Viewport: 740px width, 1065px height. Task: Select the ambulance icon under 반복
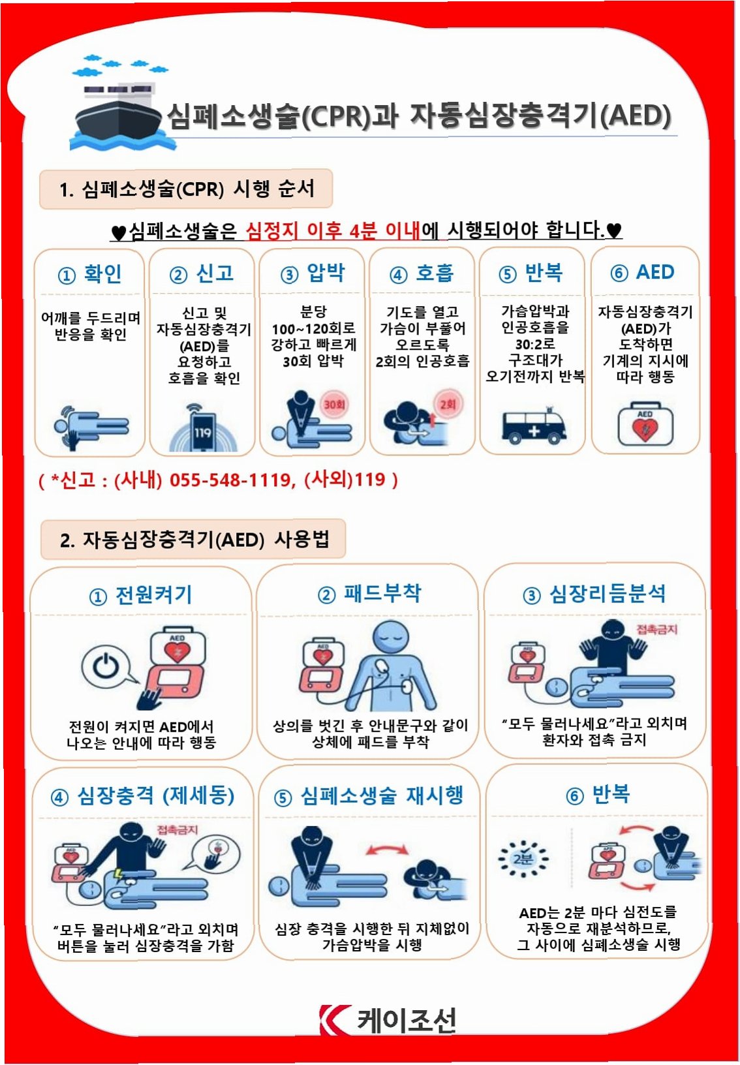534,425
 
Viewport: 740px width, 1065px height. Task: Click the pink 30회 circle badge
334,405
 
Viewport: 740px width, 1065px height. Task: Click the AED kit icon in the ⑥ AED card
645,424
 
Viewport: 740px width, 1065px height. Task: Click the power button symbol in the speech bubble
105,664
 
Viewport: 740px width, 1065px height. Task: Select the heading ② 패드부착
369,594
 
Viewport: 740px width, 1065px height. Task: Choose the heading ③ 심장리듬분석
594,594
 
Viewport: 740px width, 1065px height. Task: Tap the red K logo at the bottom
334,1019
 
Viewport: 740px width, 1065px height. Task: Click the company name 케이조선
407,1021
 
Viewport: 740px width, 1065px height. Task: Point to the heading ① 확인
89,274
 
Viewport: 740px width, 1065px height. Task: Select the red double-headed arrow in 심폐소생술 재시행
387,849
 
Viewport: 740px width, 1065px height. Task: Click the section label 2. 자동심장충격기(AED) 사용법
194,540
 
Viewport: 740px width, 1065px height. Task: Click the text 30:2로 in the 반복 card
535,344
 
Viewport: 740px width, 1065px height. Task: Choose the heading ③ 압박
312,273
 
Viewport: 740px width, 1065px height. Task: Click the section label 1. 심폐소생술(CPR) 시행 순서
187,189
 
